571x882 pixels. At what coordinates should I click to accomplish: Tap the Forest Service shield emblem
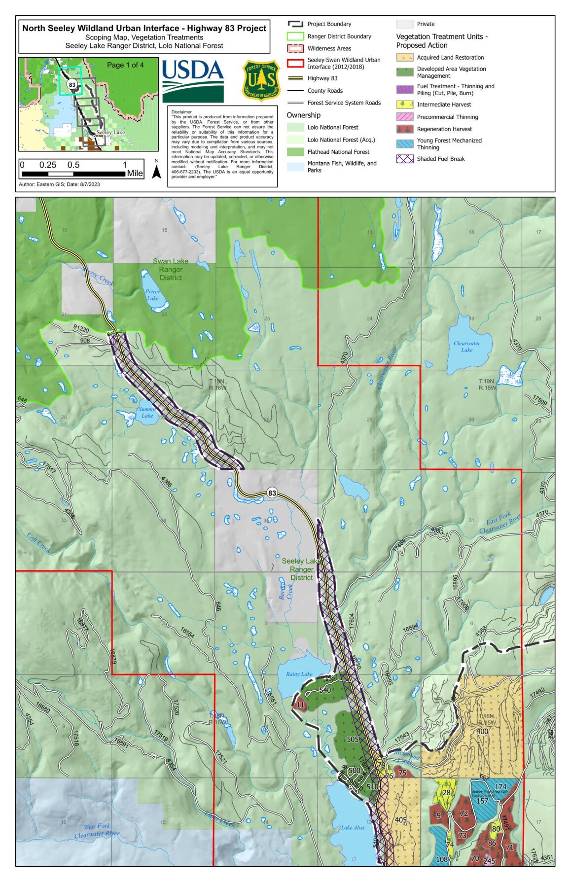click(x=261, y=80)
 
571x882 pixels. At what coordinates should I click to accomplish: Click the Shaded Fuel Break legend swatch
click(x=404, y=159)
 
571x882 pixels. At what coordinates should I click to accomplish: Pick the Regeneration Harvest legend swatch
click(x=404, y=129)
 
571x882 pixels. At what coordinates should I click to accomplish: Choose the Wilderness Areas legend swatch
click(x=295, y=48)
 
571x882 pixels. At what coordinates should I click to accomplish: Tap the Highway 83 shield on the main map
click(x=272, y=493)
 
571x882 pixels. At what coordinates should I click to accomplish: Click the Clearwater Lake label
click(x=466, y=347)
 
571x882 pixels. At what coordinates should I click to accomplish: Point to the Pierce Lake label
click(x=152, y=295)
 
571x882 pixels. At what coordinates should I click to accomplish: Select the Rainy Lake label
click(x=299, y=674)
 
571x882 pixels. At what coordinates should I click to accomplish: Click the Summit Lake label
click(x=147, y=412)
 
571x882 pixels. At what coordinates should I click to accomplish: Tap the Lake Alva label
click(x=352, y=827)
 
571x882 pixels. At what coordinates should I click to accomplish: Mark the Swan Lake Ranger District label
click(x=171, y=269)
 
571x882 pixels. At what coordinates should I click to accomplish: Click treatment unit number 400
click(x=482, y=731)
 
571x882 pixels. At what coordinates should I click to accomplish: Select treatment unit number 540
click(x=325, y=690)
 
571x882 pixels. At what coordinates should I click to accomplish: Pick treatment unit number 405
click(x=401, y=820)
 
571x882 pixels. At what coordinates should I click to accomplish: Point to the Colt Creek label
click(x=38, y=543)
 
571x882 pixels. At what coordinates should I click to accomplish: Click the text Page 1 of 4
click(x=125, y=65)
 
